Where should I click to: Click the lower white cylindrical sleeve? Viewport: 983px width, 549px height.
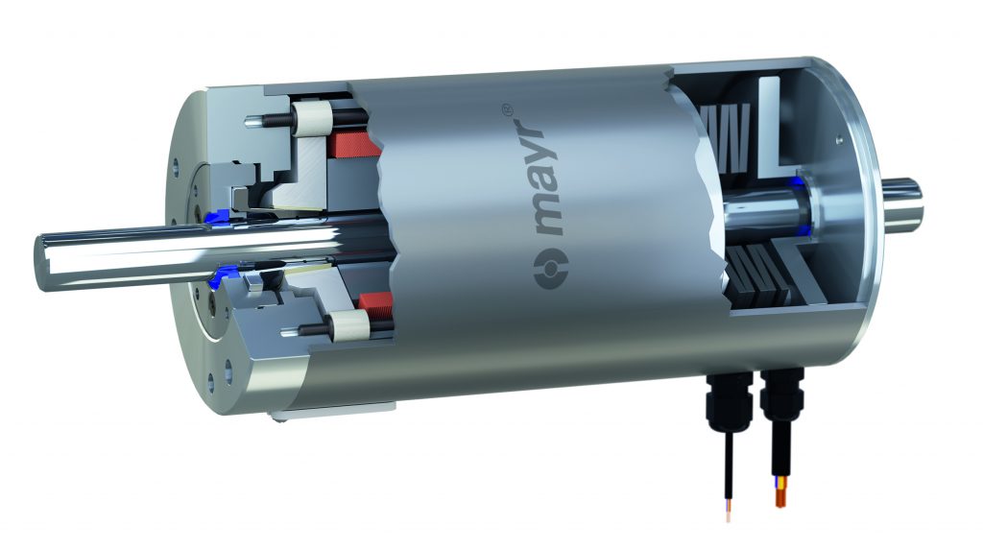[339, 324]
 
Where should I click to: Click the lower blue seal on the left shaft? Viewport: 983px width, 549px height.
[215, 281]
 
